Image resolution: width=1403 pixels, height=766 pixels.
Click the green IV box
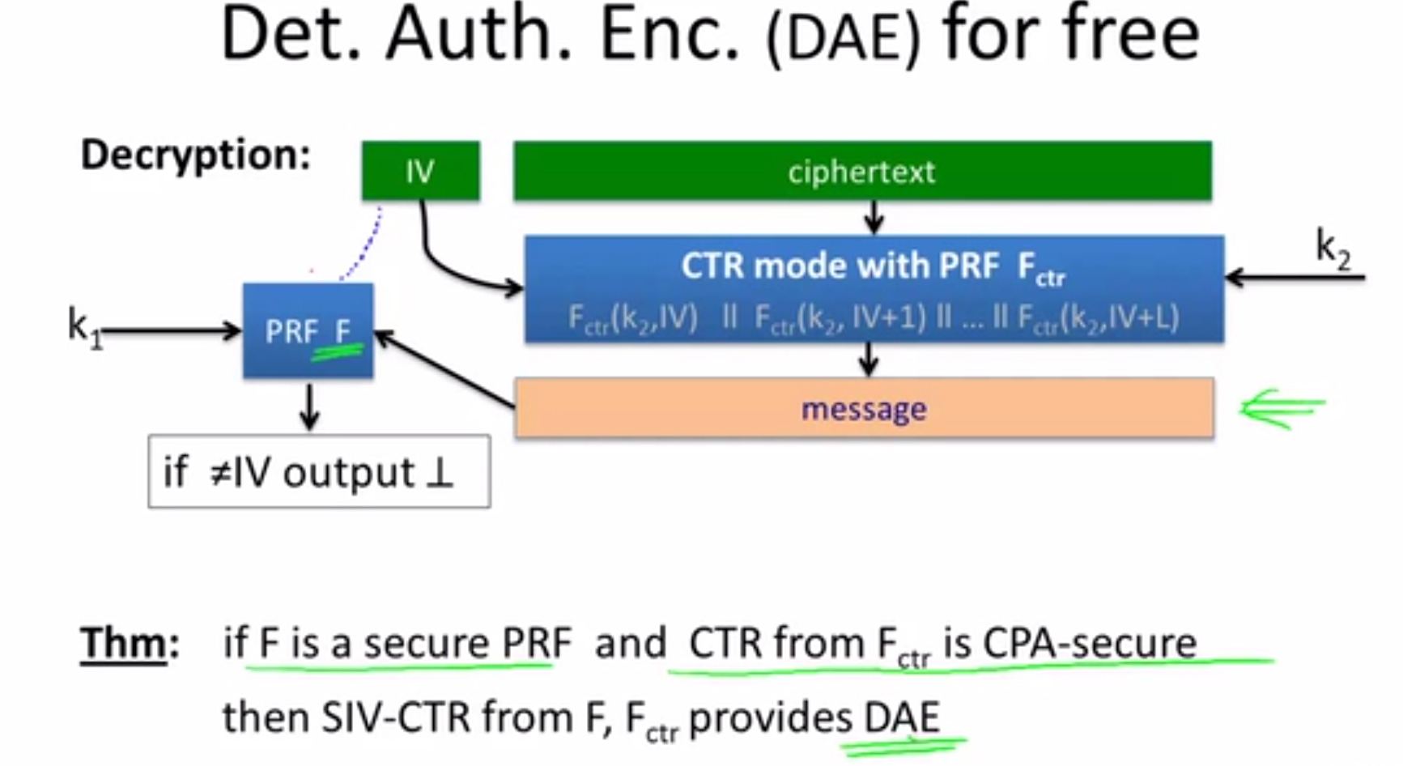(420, 171)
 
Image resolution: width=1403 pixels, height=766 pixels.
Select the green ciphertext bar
(862, 171)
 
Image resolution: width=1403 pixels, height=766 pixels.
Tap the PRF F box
(308, 330)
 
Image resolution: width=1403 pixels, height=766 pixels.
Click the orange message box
(864, 408)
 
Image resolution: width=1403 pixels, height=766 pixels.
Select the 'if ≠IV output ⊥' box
(319, 471)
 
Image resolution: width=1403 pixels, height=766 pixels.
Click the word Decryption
(195, 154)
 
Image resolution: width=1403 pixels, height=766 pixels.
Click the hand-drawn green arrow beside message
(1283, 409)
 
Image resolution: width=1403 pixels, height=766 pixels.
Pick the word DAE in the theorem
(902, 717)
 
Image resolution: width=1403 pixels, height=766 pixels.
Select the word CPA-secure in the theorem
(1090, 644)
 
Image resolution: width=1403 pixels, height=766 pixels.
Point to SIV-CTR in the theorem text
(396, 717)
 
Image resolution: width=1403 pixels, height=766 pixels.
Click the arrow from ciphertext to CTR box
(873, 217)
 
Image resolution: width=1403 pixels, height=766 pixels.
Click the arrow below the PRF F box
(309, 404)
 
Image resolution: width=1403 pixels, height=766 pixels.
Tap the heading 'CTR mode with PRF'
(840, 266)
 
